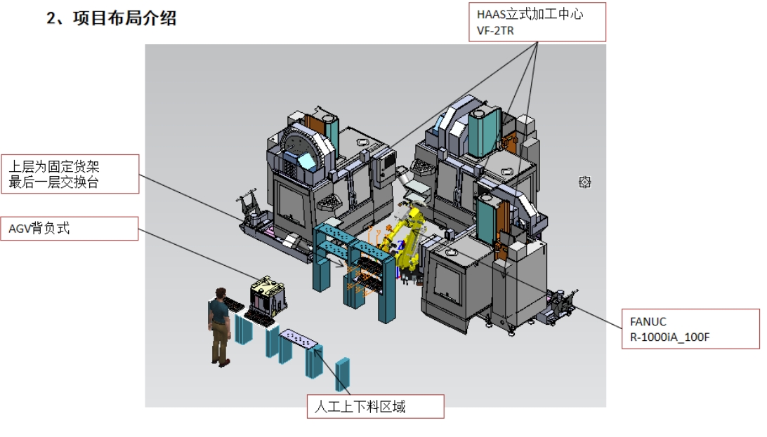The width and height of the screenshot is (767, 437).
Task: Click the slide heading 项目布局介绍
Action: (x=124, y=18)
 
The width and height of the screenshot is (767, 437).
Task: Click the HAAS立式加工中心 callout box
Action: (x=537, y=22)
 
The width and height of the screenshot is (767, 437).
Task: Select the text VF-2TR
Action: (x=495, y=31)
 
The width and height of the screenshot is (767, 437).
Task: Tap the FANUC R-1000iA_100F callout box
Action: (x=690, y=328)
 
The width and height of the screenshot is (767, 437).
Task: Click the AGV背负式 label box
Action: (x=70, y=229)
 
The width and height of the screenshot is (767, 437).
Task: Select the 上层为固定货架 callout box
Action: (x=70, y=175)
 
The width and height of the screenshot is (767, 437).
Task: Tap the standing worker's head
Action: (x=221, y=295)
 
